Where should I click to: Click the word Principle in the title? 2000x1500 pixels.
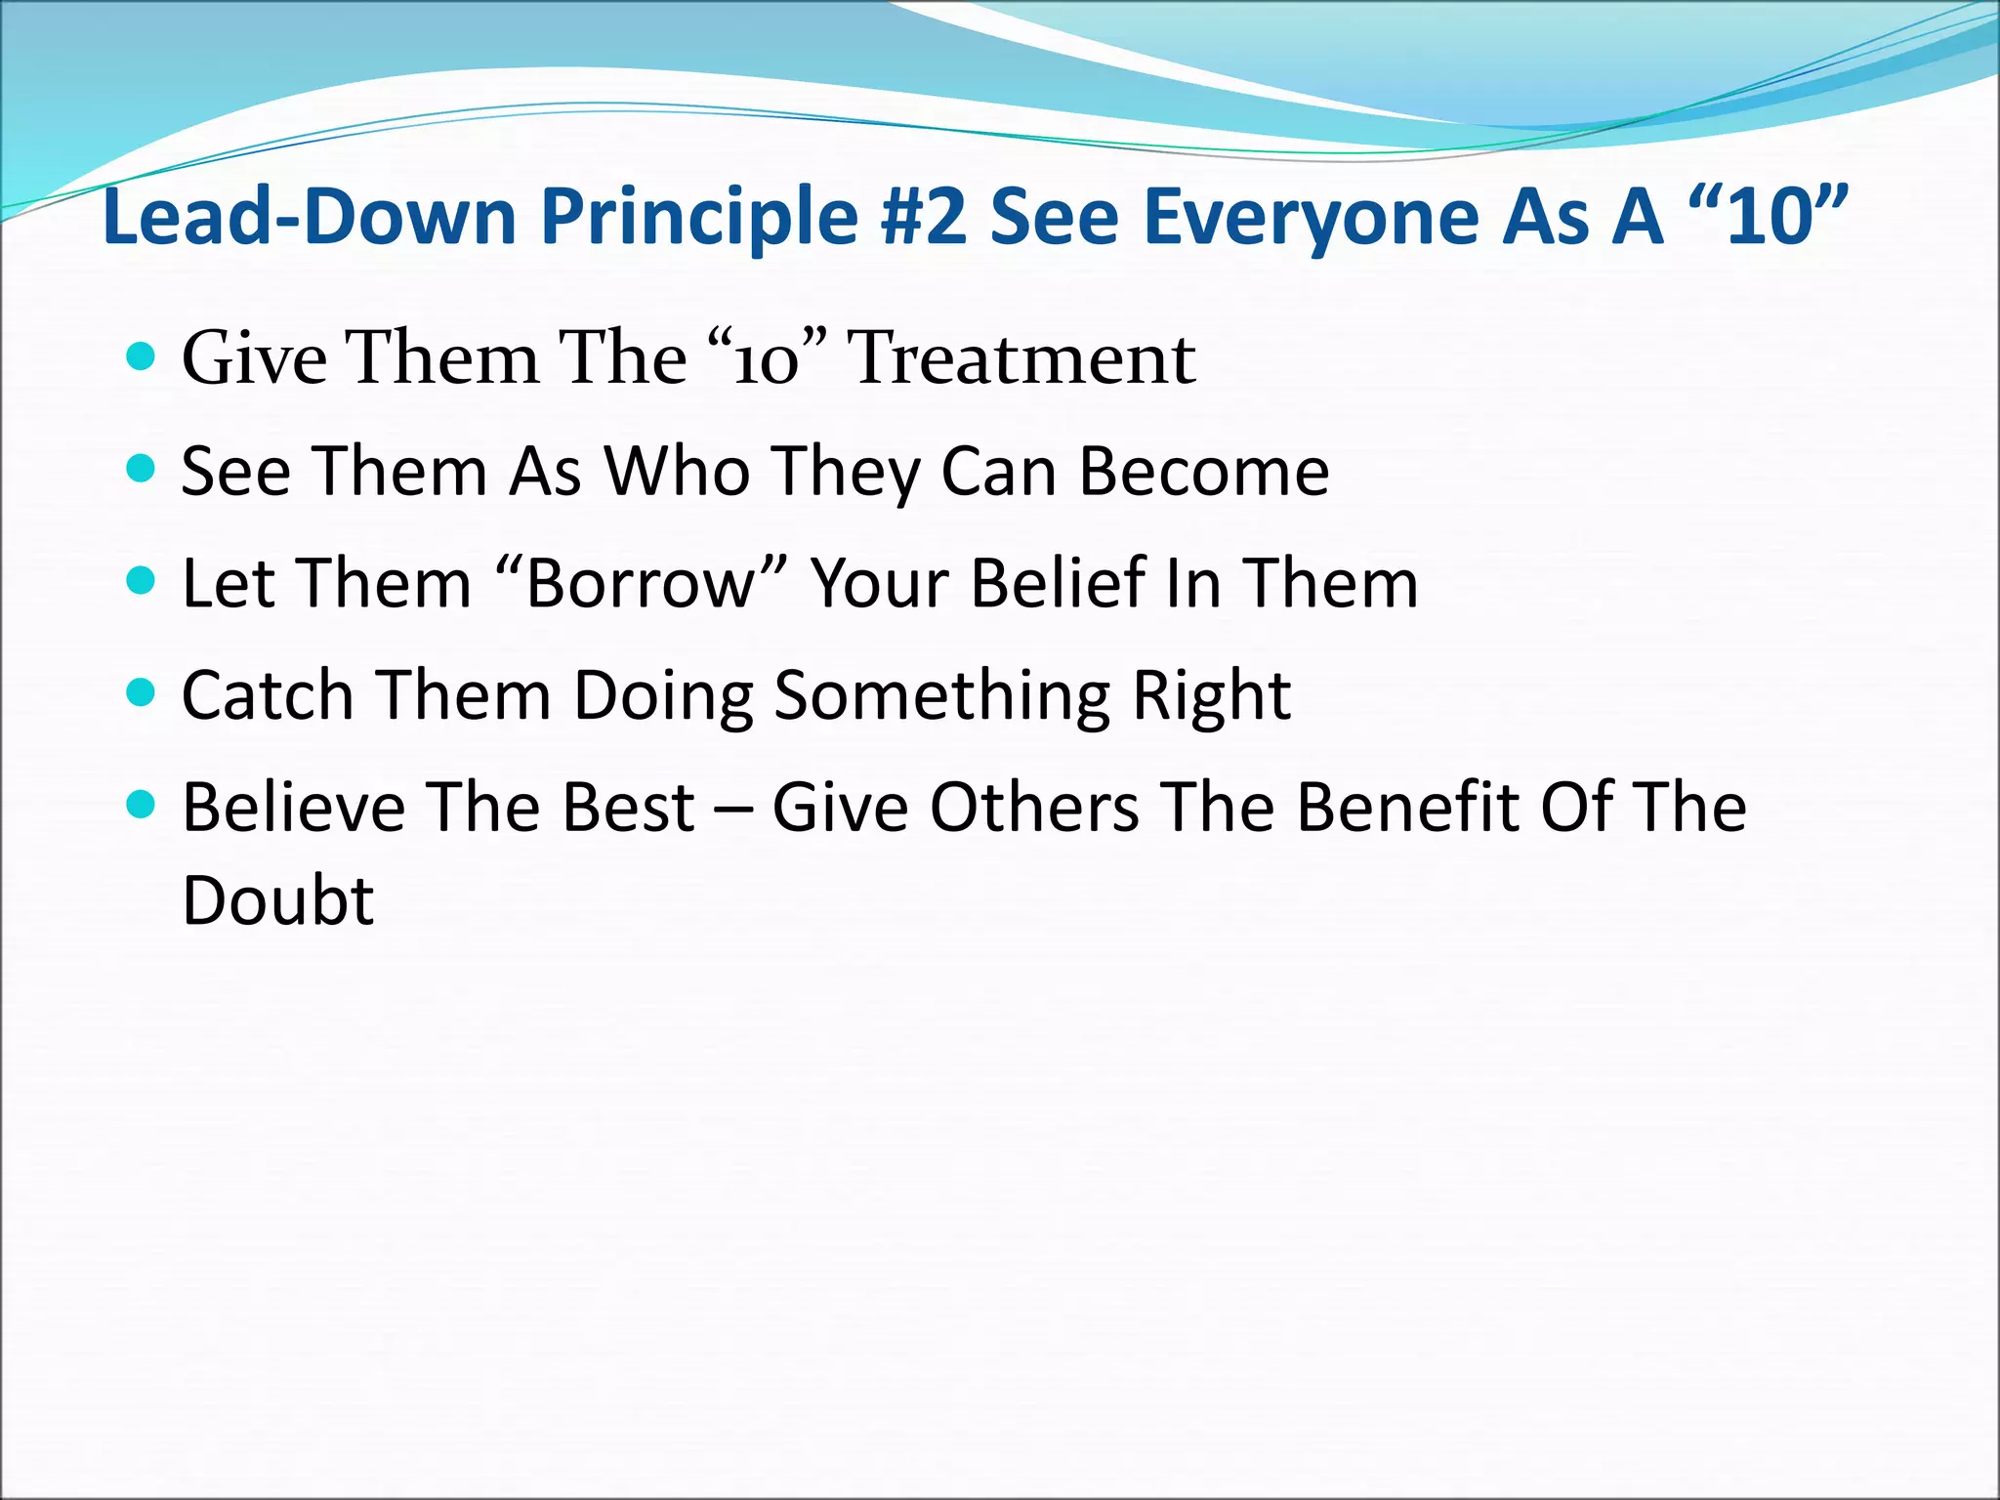699,217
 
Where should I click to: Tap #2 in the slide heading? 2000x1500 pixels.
922,217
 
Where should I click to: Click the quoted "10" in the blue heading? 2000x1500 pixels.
1769,217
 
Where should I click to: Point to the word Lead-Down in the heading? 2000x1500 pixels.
309,217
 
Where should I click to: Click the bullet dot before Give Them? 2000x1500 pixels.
142,356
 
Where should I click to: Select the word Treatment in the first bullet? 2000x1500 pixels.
1021,358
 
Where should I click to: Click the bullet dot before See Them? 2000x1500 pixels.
142,470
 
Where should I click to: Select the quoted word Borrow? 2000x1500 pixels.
642,583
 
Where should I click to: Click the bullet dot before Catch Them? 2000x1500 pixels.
142,693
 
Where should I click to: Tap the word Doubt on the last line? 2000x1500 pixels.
277,899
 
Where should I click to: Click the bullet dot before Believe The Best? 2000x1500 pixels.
142,806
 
